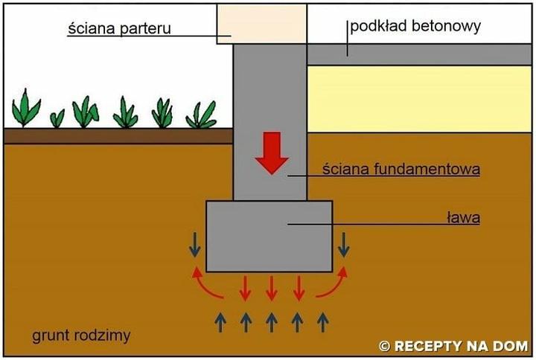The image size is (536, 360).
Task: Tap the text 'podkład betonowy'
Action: (415, 26)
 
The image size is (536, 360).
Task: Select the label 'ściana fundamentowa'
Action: (401, 170)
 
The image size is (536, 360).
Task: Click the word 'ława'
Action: (462, 218)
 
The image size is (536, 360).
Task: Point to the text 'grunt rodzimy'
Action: (81, 335)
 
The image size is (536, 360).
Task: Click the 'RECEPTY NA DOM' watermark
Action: (453, 346)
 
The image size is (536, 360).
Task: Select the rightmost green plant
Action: (201, 114)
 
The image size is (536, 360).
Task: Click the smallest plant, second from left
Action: (57, 118)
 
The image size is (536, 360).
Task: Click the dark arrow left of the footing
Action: (194, 243)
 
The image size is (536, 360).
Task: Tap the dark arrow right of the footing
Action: (344, 243)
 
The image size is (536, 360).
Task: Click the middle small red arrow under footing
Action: (271, 288)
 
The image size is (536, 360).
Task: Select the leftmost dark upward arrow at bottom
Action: (220, 322)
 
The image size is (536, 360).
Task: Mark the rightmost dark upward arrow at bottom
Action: (322, 322)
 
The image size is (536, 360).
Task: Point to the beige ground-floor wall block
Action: (261, 23)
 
